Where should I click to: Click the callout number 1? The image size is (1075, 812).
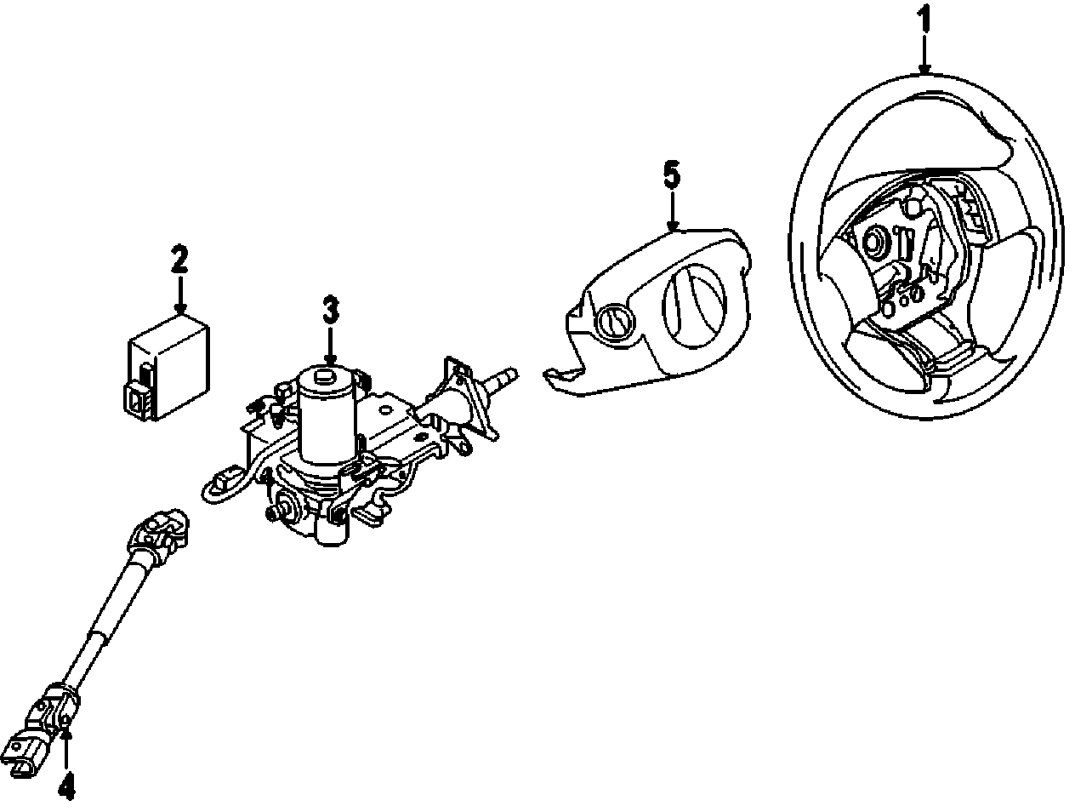[925, 18]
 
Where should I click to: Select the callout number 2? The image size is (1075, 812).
[179, 259]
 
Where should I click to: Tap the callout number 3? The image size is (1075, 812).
[330, 311]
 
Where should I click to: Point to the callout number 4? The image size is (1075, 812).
[66, 786]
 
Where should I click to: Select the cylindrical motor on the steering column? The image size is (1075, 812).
[327, 417]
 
